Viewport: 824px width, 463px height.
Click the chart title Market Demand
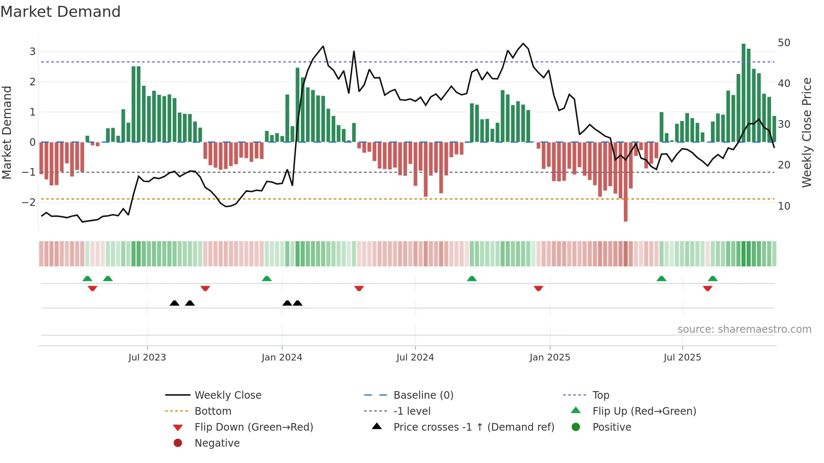point(61,12)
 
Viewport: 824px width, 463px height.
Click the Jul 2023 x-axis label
point(147,358)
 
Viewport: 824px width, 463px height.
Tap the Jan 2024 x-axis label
point(282,358)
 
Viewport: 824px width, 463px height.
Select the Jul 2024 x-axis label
point(415,358)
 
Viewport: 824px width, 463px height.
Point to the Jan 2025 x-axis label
point(549,358)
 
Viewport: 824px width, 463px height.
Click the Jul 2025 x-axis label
point(682,358)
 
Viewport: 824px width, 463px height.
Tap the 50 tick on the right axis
point(784,43)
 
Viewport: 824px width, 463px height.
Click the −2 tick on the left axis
point(29,202)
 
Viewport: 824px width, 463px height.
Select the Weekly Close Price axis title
point(806,132)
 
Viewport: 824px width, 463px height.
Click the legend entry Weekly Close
point(227,395)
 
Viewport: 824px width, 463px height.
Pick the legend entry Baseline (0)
point(423,395)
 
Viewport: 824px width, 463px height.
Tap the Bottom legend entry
point(213,411)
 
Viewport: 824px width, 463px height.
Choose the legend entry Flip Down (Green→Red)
point(254,427)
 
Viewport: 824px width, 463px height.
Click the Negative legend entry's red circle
point(178,443)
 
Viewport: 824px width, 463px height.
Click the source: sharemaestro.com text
point(744,329)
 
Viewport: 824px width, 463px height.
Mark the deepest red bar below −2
point(626,210)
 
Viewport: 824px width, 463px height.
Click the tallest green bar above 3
point(743,84)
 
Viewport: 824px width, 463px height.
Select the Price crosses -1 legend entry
point(473,427)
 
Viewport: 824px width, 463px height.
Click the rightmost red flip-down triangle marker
point(708,288)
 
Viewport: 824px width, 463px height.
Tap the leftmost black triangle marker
point(174,303)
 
